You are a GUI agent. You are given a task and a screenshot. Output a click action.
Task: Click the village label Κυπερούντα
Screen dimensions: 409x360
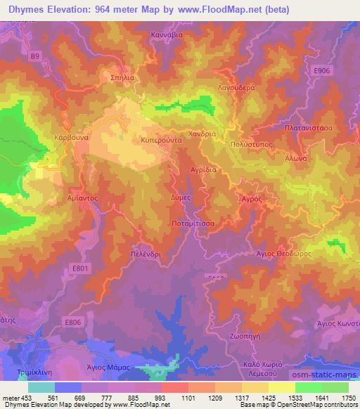click(162, 140)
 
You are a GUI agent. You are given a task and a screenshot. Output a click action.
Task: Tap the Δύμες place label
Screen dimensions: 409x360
click(181, 198)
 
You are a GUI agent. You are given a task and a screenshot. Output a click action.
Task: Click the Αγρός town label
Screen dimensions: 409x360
click(252, 200)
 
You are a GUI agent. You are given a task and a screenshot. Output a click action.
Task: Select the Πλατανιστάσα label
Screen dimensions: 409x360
click(308, 129)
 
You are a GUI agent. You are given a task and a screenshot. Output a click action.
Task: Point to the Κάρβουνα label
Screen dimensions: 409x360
click(70, 138)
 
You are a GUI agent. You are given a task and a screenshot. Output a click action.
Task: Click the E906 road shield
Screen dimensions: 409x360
click(323, 70)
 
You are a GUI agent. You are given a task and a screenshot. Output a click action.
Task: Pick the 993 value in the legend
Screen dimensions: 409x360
click(161, 398)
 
